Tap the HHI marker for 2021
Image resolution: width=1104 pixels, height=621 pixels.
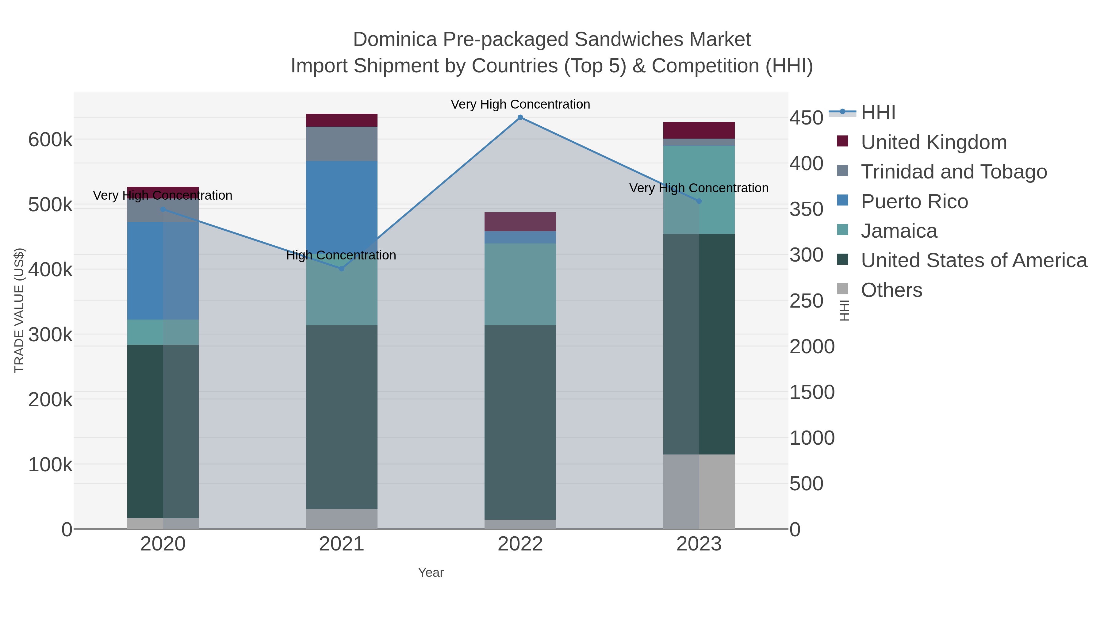(x=342, y=269)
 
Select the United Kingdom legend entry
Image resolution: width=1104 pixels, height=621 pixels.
(x=933, y=142)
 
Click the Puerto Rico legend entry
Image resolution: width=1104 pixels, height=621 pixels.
(x=914, y=201)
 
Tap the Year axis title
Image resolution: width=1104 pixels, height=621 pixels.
(x=431, y=573)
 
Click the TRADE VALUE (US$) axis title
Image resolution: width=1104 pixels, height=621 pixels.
(x=19, y=310)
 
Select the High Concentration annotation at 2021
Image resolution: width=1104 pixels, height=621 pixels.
(x=341, y=255)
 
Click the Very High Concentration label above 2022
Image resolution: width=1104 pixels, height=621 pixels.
(x=520, y=105)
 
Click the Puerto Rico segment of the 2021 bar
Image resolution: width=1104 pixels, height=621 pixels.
(x=342, y=206)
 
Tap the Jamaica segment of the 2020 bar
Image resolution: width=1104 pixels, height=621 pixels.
(x=163, y=332)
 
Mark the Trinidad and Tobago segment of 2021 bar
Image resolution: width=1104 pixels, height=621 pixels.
(x=342, y=144)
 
